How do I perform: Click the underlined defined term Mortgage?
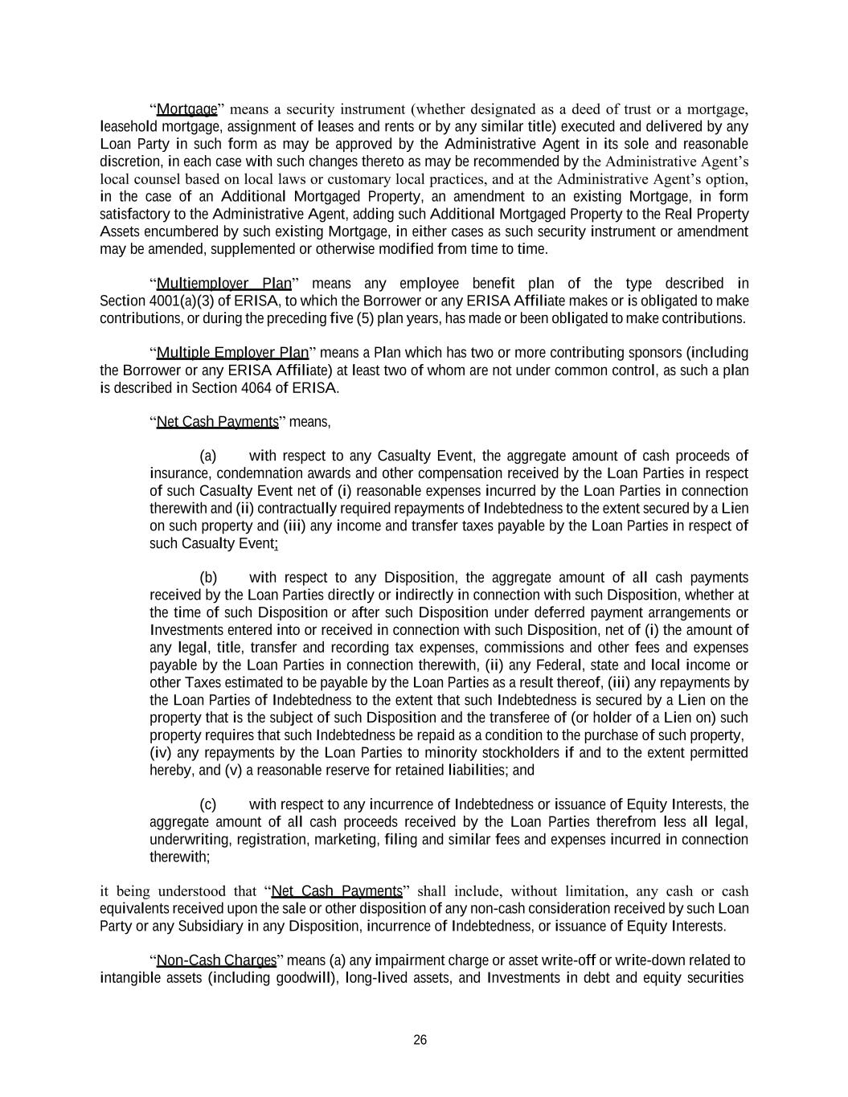[186, 109]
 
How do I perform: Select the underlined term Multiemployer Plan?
[223, 284]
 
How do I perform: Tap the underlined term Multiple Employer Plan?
[232, 353]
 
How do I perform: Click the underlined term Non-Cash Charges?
[216, 960]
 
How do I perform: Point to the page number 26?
[420, 1040]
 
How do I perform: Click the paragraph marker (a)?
[207, 456]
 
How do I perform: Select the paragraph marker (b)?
[208, 578]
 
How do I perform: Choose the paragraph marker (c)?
[207, 804]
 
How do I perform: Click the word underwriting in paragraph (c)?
[188, 840]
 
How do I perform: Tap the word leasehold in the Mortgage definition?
[129, 127]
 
